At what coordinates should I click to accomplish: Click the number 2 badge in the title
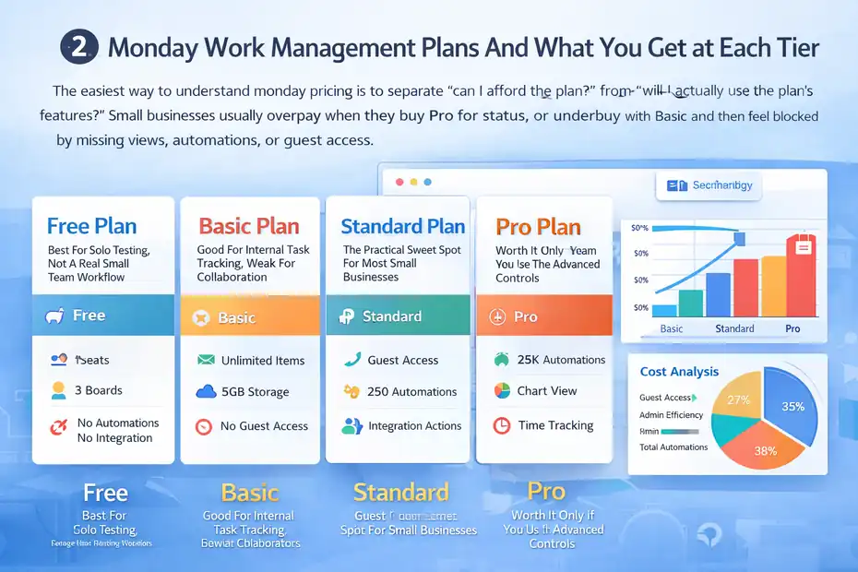coord(77,48)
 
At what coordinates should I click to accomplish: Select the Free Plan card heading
coord(91,226)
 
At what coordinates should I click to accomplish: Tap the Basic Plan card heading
coord(249,226)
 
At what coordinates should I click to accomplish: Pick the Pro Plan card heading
coord(538,226)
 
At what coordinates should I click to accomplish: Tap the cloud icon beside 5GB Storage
coord(206,392)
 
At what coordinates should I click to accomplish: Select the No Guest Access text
coord(264,426)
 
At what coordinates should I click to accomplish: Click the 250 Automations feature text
coord(411,391)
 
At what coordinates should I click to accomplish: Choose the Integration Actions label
coord(414,426)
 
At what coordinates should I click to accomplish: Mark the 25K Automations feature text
coord(561,360)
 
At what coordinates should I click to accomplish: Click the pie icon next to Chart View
coord(502,390)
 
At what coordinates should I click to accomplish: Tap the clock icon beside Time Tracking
coord(502,425)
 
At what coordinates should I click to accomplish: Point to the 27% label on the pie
coord(738,399)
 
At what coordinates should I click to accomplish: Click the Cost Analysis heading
coord(679,372)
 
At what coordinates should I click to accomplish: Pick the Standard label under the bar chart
coord(734,328)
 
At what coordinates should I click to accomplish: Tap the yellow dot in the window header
coord(413,183)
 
